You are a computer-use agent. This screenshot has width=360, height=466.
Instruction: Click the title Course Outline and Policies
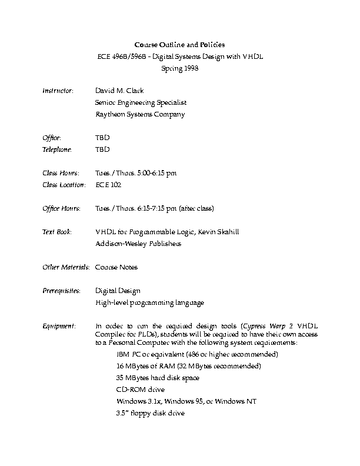point(179,45)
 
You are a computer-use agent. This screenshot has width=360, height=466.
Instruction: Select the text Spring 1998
point(179,68)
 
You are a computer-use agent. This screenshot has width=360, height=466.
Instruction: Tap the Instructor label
point(58,91)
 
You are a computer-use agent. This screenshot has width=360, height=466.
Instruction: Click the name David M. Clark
point(119,91)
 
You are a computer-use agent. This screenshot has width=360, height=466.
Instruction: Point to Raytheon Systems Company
point(140,115)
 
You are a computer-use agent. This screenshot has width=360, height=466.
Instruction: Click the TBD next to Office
point(102,138)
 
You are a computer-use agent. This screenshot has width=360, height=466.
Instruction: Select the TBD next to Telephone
point(102,149)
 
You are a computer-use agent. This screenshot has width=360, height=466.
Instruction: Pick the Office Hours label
point(61,208)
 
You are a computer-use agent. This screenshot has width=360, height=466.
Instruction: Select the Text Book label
point(57,232)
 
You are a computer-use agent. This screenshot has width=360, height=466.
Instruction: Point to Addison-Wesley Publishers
point(138,244)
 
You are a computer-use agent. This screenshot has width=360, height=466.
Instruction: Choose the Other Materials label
point(66,267)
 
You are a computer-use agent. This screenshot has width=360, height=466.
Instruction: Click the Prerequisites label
point(61,291)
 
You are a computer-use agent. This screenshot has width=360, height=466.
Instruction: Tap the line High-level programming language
point(149,302)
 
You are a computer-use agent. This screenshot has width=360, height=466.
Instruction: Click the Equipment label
point(59,326)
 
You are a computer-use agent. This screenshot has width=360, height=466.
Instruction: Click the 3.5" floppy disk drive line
point(151,413)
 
